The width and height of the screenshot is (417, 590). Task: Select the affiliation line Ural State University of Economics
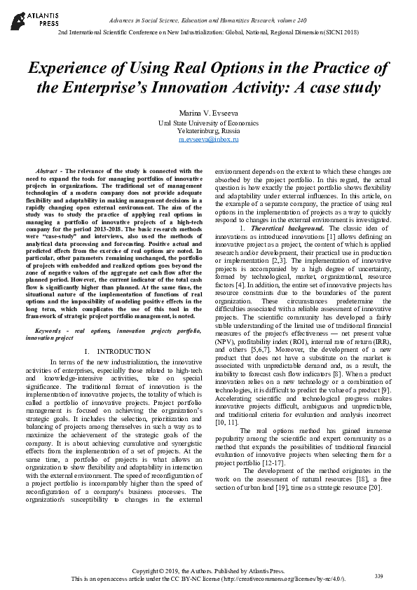[x=208, y=123]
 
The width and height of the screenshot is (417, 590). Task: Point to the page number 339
[x=378, y=576]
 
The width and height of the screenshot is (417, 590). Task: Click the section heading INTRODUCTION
[x=123, y=350]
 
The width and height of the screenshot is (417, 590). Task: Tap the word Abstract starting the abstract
[x=46, y=171]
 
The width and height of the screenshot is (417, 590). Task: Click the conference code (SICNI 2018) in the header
[x=342, y=32]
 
